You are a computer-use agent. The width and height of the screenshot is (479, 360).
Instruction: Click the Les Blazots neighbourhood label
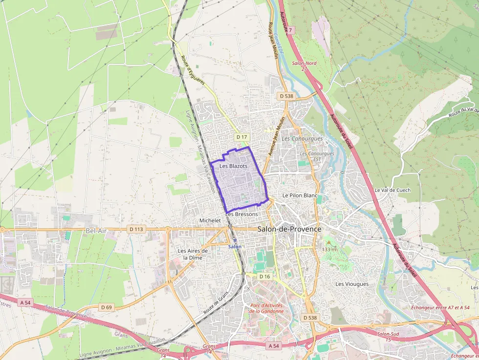[233, 166]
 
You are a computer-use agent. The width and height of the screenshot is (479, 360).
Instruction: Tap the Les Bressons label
[241, 214]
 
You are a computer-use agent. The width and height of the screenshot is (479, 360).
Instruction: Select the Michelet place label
[210, 221]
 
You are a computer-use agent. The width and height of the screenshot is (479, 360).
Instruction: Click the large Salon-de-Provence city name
[289, 229]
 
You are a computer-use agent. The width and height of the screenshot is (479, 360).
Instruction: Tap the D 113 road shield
[136, 229]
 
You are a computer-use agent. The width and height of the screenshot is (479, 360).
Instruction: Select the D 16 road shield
[264, 276]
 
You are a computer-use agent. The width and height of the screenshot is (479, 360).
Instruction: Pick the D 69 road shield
[106, 307]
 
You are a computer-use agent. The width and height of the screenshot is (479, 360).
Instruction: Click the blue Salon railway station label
[235, 247]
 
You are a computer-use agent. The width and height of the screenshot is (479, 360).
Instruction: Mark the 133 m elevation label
[329, 250]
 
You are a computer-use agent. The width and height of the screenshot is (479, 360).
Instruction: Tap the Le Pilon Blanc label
[300, 195]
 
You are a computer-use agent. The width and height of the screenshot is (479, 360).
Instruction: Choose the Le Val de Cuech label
[392, 190]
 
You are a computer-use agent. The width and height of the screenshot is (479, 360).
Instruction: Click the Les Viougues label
[352, 284]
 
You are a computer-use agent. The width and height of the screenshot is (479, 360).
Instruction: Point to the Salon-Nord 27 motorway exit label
[304, 66]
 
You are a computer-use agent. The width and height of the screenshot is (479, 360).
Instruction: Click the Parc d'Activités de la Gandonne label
[266, 308]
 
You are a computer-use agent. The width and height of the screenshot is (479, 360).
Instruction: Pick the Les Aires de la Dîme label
[193, 254]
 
